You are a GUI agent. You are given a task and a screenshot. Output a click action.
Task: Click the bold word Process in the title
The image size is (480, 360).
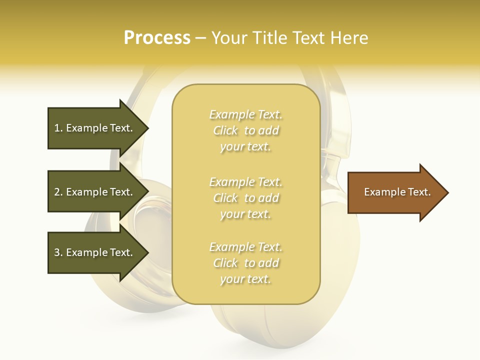157,38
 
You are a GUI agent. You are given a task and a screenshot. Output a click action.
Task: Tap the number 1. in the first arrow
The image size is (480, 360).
58,128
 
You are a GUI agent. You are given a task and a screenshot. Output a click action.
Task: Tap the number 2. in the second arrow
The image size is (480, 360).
58,192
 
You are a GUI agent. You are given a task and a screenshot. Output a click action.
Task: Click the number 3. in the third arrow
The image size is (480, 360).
58,252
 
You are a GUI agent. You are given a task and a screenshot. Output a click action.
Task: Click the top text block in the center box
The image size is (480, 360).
246,130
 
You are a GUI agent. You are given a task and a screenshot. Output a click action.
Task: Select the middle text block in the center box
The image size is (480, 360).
246,198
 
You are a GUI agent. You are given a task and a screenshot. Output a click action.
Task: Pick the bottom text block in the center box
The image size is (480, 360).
246,263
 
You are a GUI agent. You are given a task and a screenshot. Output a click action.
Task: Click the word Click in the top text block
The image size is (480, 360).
225,130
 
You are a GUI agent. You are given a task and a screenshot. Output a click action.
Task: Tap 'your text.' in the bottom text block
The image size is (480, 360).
245,279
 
